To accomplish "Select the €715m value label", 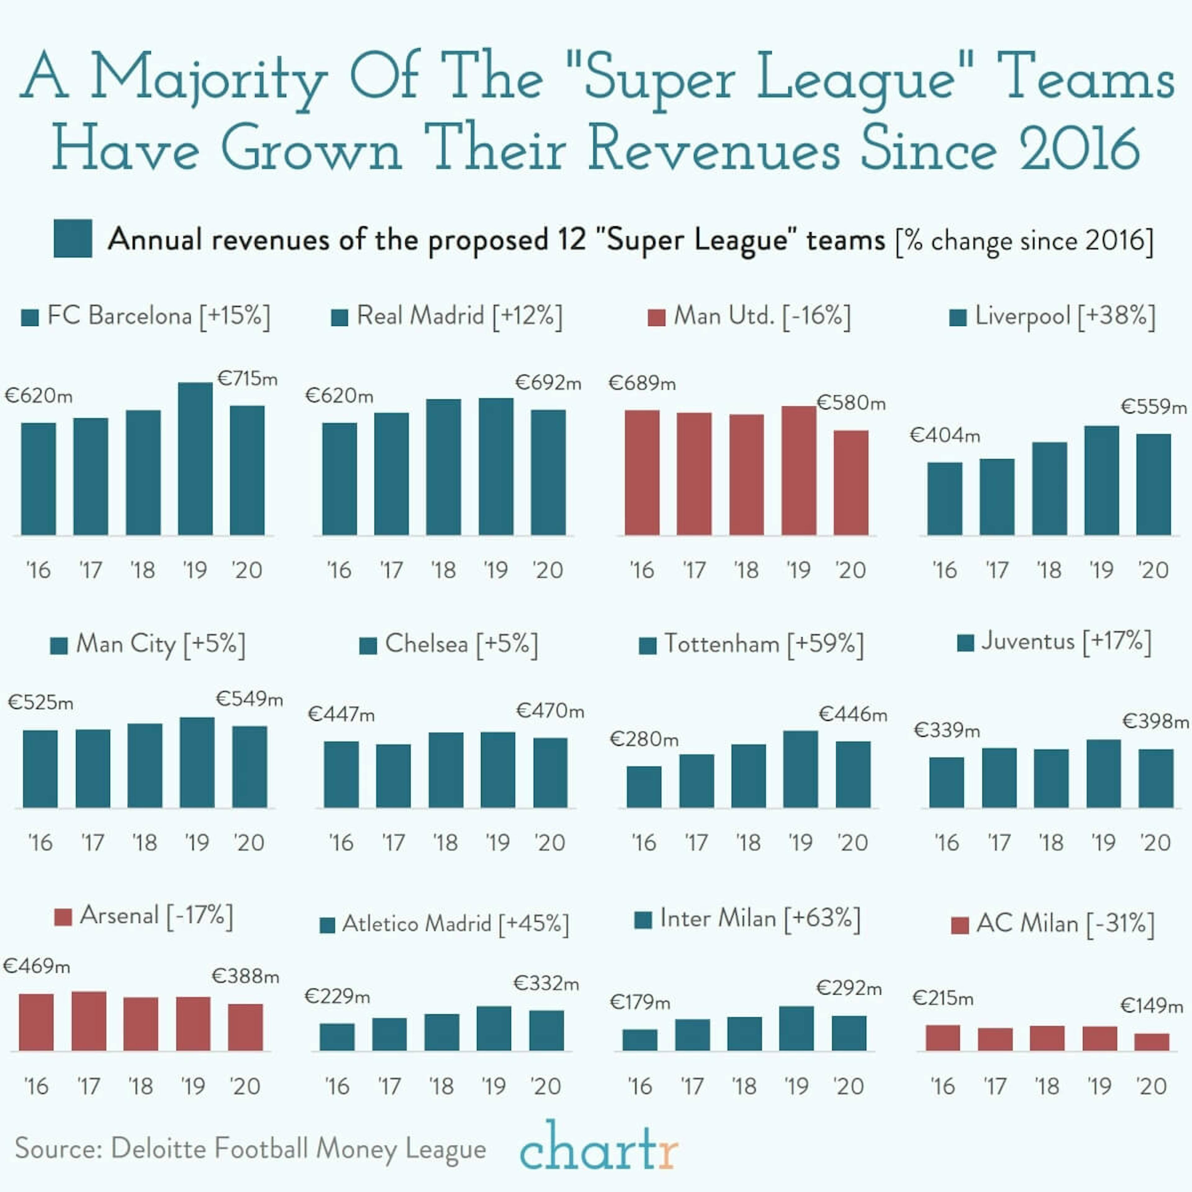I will [x=247, y=378].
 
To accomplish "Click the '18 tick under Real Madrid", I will [x=443, y=570].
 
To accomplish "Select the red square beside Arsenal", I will [x=63, y=917].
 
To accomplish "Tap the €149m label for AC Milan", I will [x=1151, y=1006].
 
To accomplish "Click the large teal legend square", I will [x=73, y=238].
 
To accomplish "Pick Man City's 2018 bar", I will [x=145, y=766].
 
